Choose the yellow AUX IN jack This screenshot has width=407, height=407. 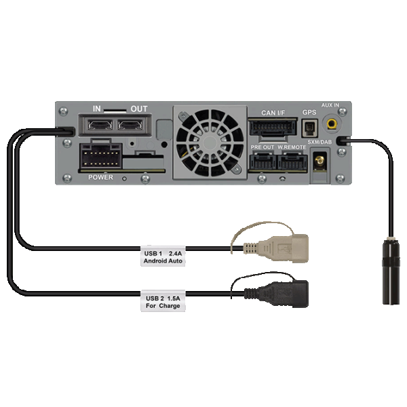click(x=332, y=124)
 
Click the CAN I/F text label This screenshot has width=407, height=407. click(x=273, y=113)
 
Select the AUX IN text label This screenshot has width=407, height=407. click(x=330, y=106)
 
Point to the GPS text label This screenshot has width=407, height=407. click(x=309, y=113)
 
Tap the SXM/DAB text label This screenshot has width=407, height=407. click(x=319, y=141)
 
